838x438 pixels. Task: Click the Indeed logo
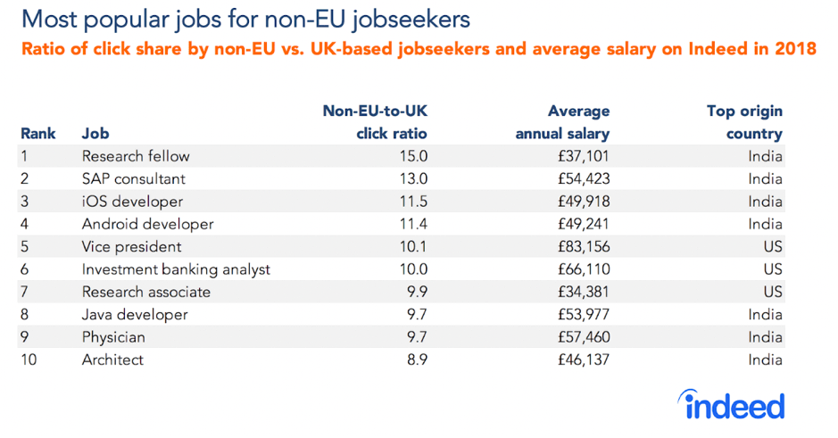pyautogui.click(x=734, y=406)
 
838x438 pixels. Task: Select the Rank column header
pyautogui.click(x=38, y=134)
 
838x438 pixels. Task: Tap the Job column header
pyautogui.click(x=95, y=134)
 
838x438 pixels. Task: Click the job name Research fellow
pyautogui.click(x=136, y=156)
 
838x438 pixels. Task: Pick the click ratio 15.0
pyautogui.click(x=412, y=156)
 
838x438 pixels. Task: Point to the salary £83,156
pyautogui.click(x=580, y=247)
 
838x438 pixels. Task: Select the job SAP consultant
pyautogui.click(x=134, y=178)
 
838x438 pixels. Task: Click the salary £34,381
pyautogui.click(x=580, y=293)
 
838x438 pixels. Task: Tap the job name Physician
pyautogui.click(x=113, y=338)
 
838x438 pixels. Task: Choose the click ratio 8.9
pyautogui.click(x=415, y=360)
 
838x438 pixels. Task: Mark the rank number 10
pyautogui.click(x=29, y=360)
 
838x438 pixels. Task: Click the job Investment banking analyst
pyautogui.click(x=176, y=269)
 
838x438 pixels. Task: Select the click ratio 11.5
pyautogui.click(x=412, y=202)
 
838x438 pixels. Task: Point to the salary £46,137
pyautogui.click(x=580, y=360)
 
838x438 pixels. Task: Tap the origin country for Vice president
pyautogui.click(x=772, y=247)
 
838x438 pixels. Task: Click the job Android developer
pyautogui.click(x=147, y=224)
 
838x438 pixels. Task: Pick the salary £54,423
pyautogui.click(x=580, y=178)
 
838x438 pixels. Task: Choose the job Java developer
pyautogui.click(x=135, y=315)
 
